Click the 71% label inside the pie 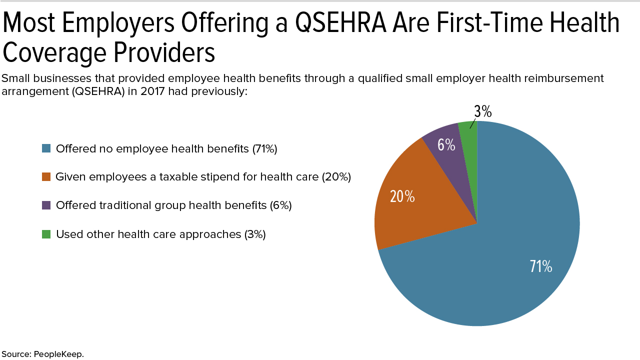coord(540,266)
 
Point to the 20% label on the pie coord(402,196)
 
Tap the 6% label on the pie coord(446,145)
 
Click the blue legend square coord(46,148)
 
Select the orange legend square coord(46,176)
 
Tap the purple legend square coord(46,205)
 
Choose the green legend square coord(46,234)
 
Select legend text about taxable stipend coord(203,176)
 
